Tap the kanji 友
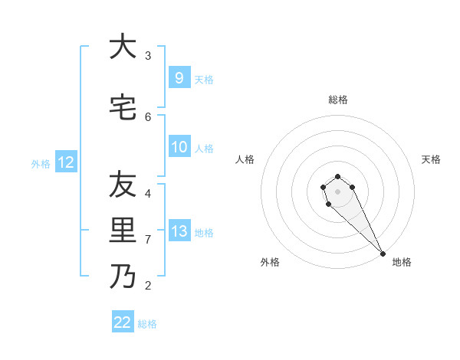(123, 185)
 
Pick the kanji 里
(123, 231)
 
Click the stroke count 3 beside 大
(148, 55)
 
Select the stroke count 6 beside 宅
(148, 116)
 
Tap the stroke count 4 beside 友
(148, 193)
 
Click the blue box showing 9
(179, 77)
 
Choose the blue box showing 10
(179, 147)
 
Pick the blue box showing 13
(179, 231)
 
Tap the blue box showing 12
(66, 162)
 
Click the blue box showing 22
(123, 322)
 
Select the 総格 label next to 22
(147, 324)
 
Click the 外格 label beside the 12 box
(41, 163)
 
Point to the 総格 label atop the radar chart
(338, 100)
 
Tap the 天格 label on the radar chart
(431, 159)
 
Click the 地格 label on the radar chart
(402, 262)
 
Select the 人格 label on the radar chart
(245, 159)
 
